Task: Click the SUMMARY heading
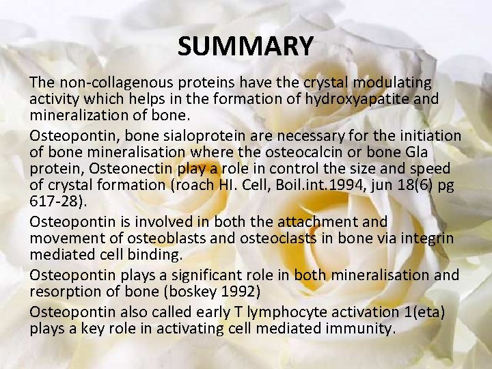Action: click(245, 46)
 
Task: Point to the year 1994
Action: click(355, 184)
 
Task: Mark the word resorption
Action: click(65, 291)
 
